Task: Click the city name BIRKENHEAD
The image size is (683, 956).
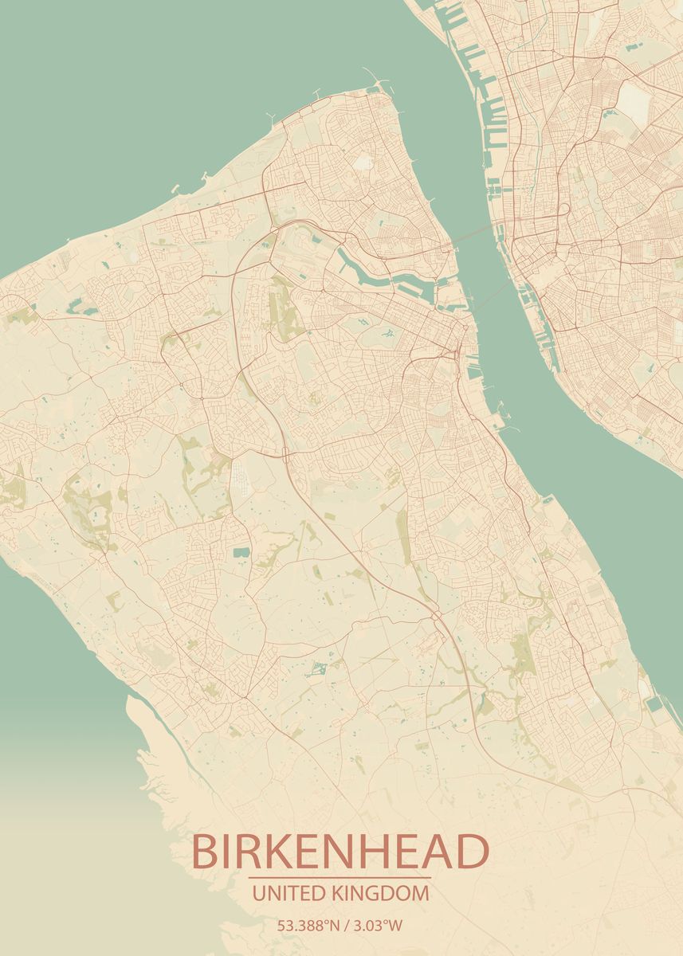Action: (340, 852)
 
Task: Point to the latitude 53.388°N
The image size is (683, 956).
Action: (308, 926)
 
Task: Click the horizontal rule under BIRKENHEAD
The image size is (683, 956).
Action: (340, 878)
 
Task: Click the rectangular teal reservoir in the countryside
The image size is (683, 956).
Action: (241, 551)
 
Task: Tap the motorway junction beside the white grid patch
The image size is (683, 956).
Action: (285, 455)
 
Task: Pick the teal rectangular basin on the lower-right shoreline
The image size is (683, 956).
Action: (654, 704)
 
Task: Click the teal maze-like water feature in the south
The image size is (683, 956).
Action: (318, 668)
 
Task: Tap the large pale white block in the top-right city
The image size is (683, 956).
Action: (634, 101)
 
